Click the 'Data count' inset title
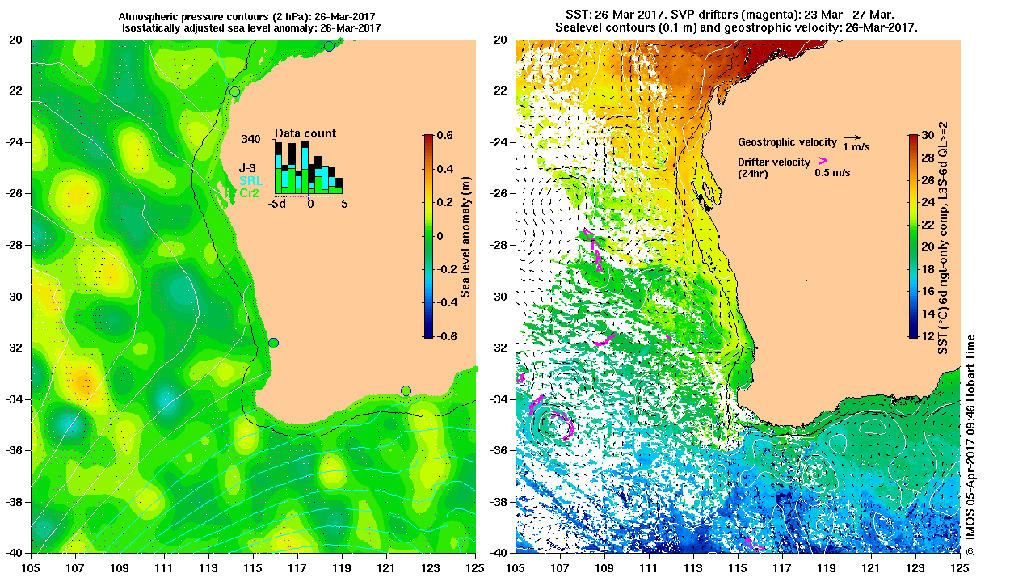pyautogui.click(x=305, y=133)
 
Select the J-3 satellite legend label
pyautogui.click(x=248, y=168)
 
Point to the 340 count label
pyautogui.click(x=250, y=139)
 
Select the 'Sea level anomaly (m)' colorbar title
pyautogui.click(x=466, y=235)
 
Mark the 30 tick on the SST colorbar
pyautogui.click(x=928, y=136)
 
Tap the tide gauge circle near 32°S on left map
pyautogui.click(x=274, y=343)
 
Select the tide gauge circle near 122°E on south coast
pyautogui.click(x=406, y=391)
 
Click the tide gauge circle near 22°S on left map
pyautogui.click(x=234, y=91)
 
